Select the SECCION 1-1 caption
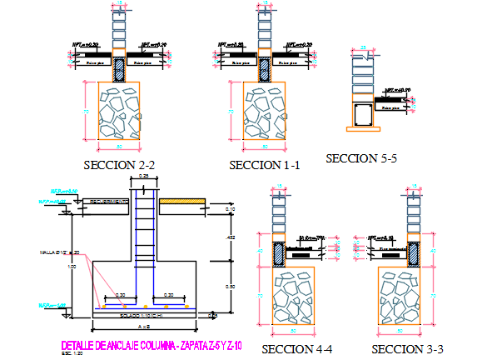pyautogui.click(x=264, y=166)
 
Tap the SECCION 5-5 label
pyautogui.click(x=360, y=157)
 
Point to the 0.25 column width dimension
pyautogui.click(x=144, y=177)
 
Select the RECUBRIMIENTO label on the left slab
pyautogui.click(x=106, y=202)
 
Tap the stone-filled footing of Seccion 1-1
pyautogui.click(x=264, y=112)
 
